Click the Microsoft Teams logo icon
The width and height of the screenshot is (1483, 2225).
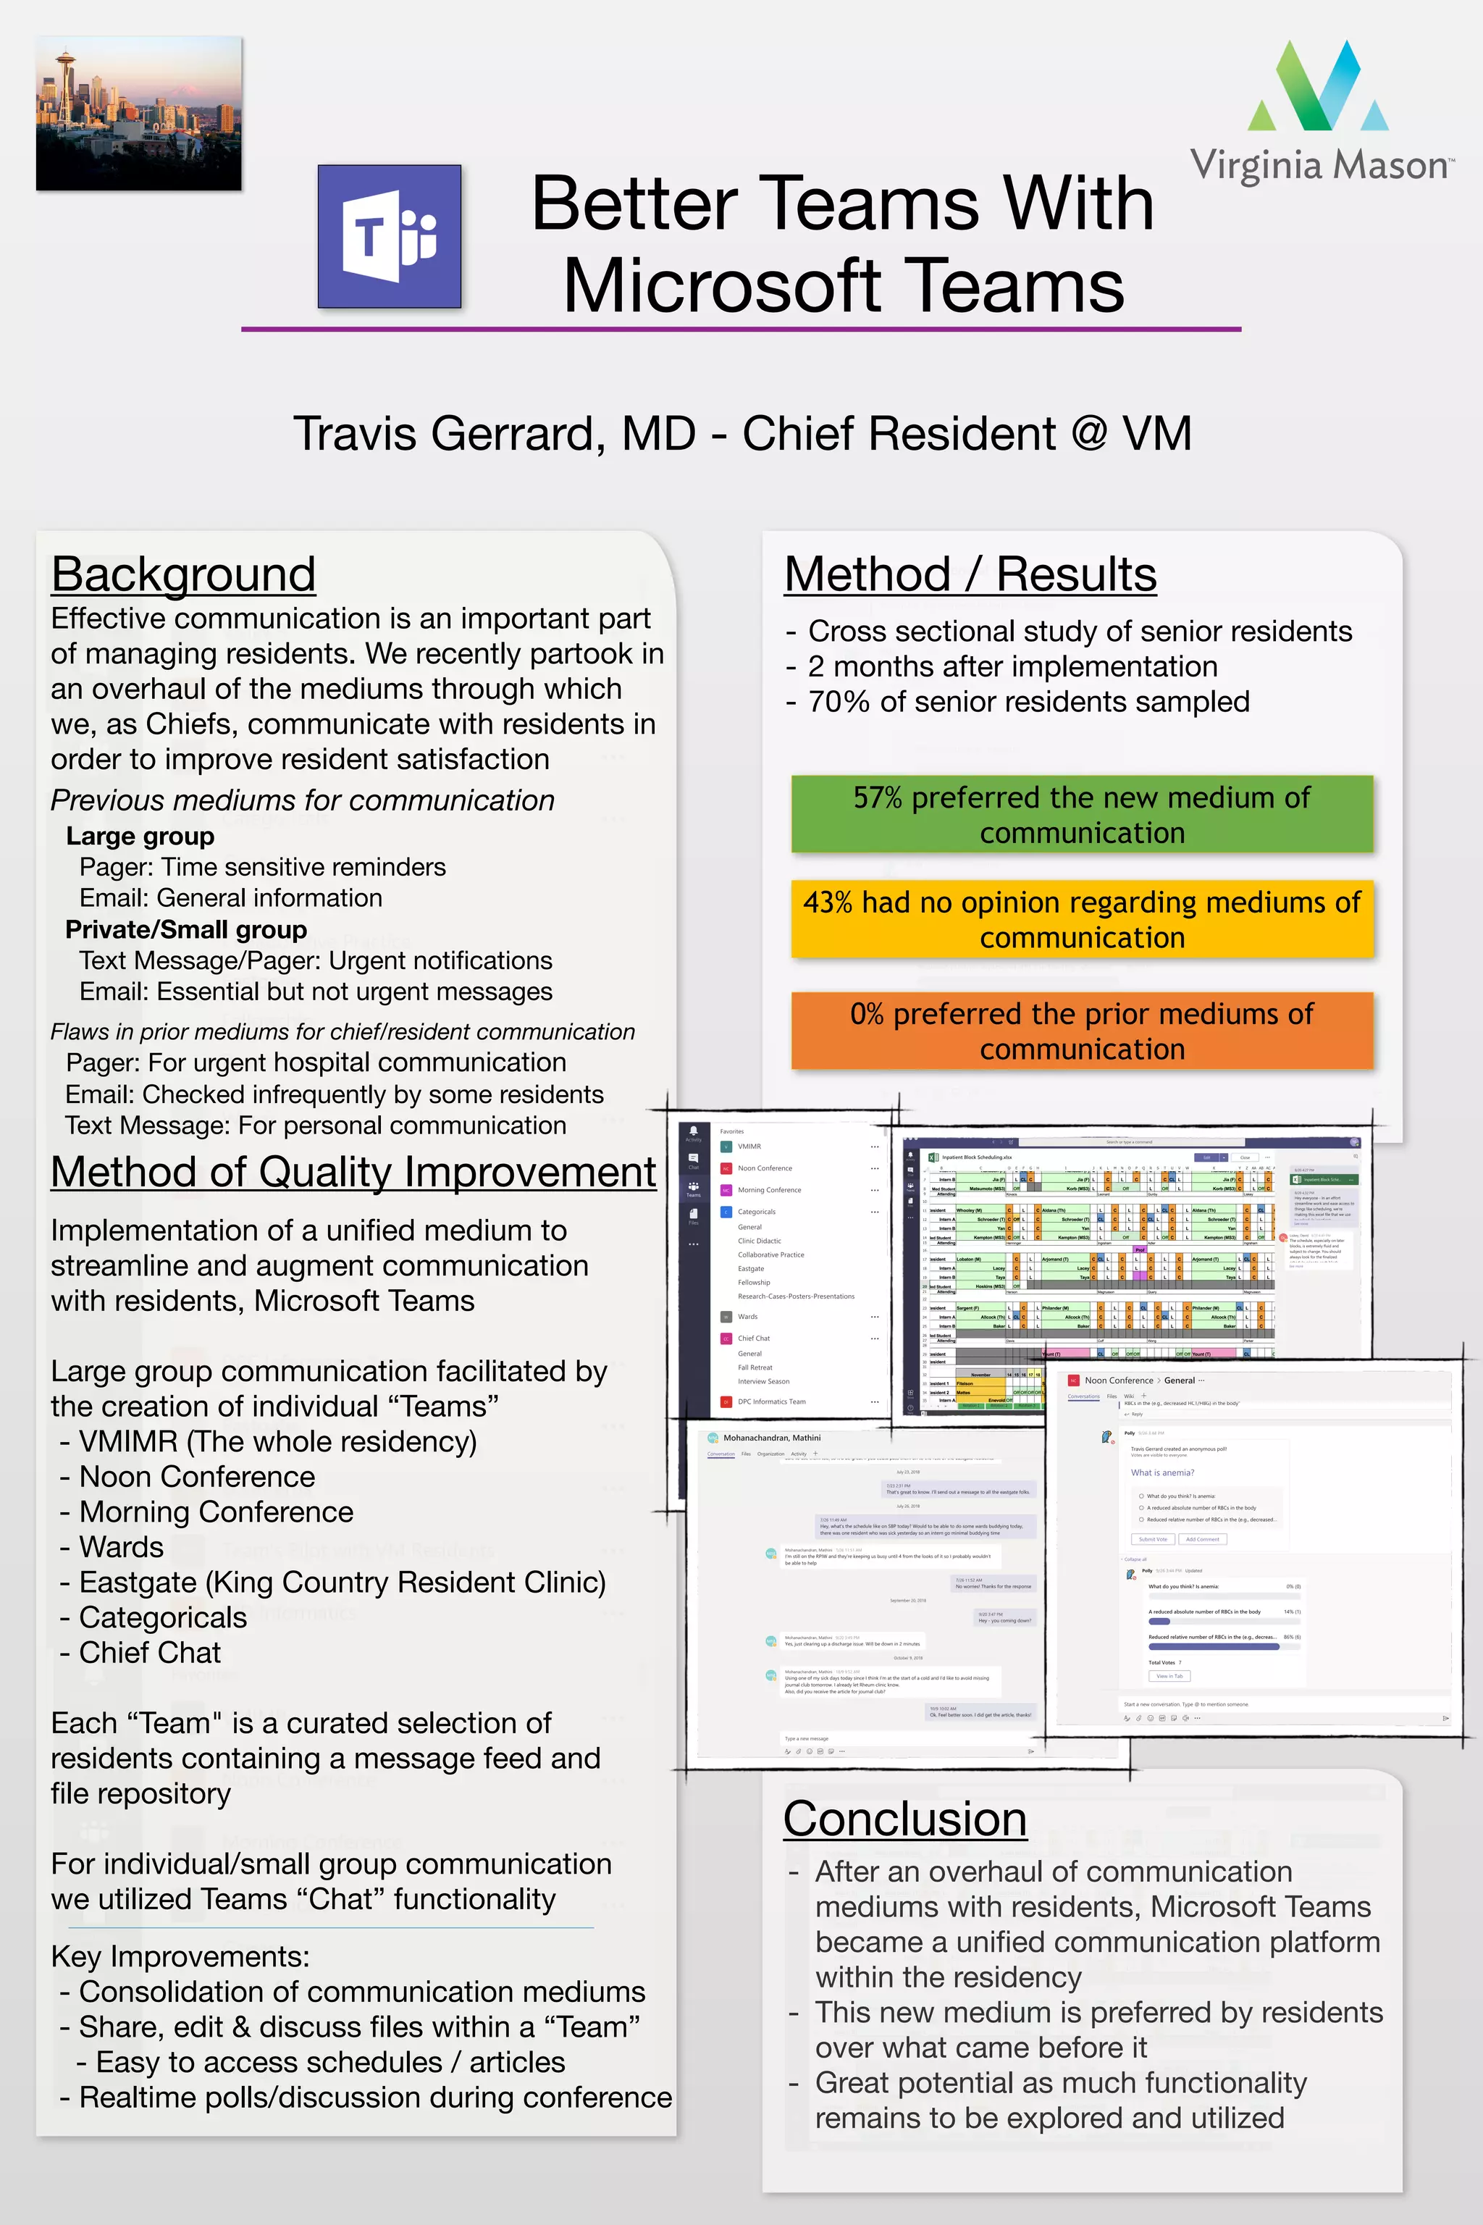pyautogui.click(x=390, y=237)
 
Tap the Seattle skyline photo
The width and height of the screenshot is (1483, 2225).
pyautogui.click(x=139, y=114)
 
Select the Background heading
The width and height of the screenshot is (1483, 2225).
pyautogui.click(x=183, y=574)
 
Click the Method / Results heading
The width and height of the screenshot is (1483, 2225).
pyautogui.click(x=970, y=574)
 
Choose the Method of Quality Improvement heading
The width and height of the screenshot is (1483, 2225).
pyautogui.click(x=353, y=1172)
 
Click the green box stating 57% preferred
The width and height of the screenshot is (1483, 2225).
pyautogui.click(x=1081, y=815)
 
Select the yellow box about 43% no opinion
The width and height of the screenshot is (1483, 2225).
pyautogui.click(x=1081, y=920)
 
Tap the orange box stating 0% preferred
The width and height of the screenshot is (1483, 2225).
pyautogui.click(x=1081, y=1031)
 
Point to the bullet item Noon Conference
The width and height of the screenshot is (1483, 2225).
pyautogui.click(x=197, y=1477)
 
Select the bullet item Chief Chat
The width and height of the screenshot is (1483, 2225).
pyautogui.click(x=149, y=1653)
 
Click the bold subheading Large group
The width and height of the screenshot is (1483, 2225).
pyautogui.click(x=140, y=837)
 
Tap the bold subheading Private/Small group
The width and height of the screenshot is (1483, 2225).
pyautogui.click(x=186, y=930)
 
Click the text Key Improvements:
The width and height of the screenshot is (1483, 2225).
pyautogui.click(x=180, y=1956)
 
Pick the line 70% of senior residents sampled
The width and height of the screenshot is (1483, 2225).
pyautogui.click(x=1028, y=702)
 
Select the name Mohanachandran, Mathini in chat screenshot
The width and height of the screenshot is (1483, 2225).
pyautogui.click(x=772, y=1438)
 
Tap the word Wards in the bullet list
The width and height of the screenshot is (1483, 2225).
pyautogui.click(x=121, y=1547)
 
